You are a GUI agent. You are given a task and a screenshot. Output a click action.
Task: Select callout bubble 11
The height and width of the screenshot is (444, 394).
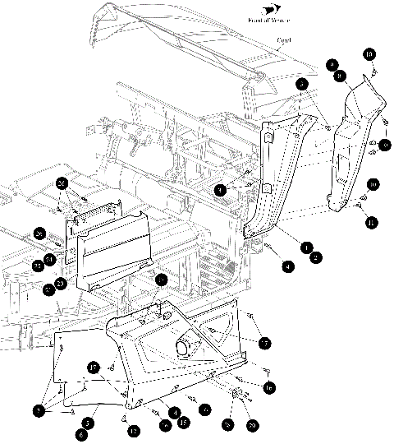tap(372, 222)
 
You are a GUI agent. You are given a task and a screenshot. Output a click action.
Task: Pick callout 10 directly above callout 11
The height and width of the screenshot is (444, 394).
tap(372, 185)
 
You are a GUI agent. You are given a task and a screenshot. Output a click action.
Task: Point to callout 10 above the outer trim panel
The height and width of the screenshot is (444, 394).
tap(369, 54)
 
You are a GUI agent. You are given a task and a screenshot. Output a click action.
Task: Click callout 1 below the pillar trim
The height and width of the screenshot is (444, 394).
tap(306, 246)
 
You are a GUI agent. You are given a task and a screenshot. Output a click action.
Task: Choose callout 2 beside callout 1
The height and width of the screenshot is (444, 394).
tap(316, 257)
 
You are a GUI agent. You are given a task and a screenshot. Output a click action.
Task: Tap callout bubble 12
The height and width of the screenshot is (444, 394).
tap(134, 429)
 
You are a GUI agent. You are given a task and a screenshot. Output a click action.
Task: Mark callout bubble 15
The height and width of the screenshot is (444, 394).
tap(183, 422)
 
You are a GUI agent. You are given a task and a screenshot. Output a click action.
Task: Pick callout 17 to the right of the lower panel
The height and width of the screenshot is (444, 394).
tap(264, 341)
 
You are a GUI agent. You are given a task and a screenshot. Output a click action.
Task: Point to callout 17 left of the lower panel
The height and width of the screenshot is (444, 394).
tap(94, 367)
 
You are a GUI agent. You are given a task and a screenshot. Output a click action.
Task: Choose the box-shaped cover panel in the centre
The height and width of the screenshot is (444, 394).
tap(111, 247)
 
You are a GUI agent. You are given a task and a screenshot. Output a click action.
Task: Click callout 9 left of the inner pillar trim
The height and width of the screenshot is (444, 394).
tap(219, 190)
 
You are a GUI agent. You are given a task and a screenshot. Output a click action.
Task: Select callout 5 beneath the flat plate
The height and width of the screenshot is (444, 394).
tap(86, 422)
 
